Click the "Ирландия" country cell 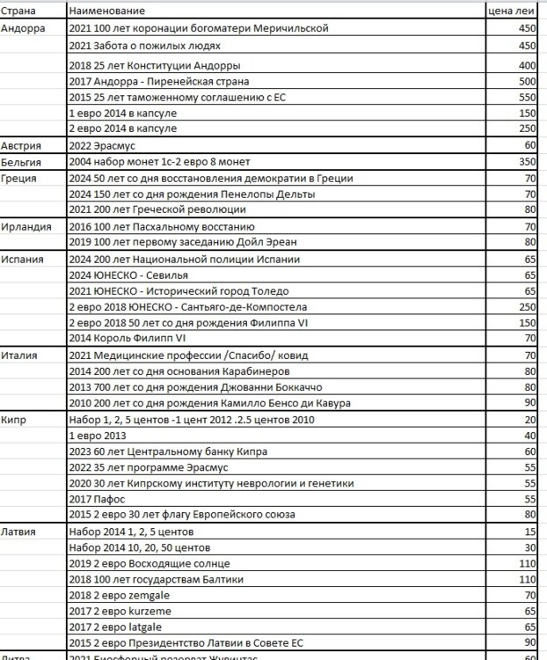tap(24, 226)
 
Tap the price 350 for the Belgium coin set tap(527, 162)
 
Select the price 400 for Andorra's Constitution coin tap(527, 66)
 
